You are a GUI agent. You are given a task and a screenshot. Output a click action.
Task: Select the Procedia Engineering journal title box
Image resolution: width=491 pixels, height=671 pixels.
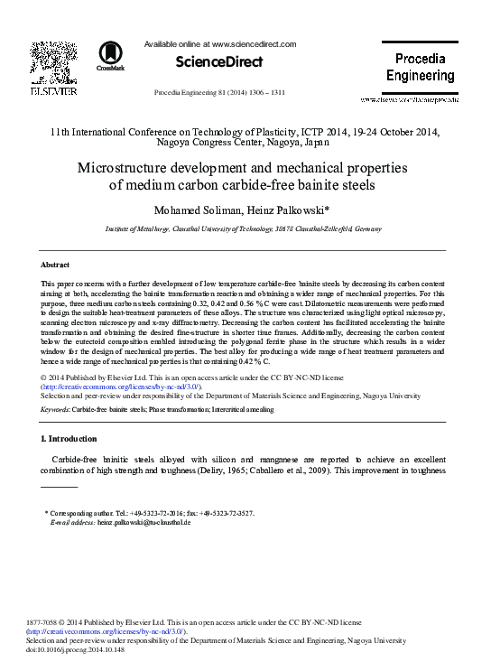[x=421, y=67]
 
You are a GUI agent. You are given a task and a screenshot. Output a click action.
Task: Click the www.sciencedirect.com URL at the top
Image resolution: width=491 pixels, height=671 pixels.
[x=255, y=43]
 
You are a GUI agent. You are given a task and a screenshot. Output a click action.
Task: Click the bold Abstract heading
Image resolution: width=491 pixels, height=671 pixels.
[x=56, y=265]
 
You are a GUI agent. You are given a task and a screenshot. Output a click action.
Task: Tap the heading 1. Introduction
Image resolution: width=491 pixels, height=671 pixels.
[x=69, y=439]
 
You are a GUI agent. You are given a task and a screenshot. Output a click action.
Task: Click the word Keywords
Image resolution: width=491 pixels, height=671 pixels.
[x=54, y=409]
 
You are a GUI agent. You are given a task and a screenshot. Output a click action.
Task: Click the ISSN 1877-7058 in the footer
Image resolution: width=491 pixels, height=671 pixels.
[x=45, y=622]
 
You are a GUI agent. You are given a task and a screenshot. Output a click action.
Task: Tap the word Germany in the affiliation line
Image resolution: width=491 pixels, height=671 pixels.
[x=367, y=230]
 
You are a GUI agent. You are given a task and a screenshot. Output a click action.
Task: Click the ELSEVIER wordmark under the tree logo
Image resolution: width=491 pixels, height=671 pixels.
[x=53, y=90]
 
